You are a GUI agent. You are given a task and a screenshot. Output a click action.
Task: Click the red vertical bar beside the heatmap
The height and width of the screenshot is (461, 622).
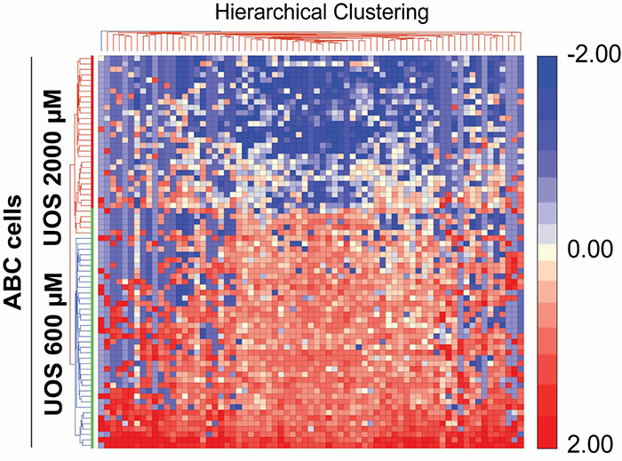(x=92, y=131)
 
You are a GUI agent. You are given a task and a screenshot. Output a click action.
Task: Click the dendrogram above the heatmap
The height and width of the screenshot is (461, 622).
(x=311, y=41)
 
